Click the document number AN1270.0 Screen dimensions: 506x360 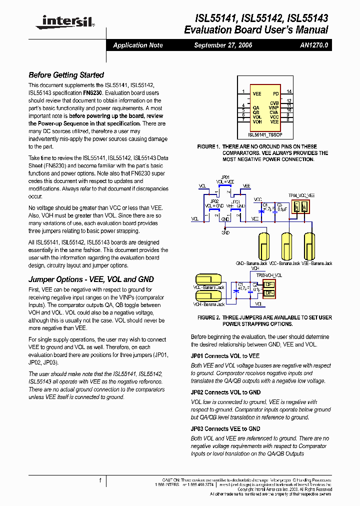tap(314, 45)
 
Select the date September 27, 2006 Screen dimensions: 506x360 tap(223, 45)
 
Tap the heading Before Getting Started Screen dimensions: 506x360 tap(66, 75)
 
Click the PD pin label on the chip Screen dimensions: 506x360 tap(275, 93)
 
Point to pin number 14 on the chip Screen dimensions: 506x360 tap(289, 92)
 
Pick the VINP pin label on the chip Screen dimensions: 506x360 tap(273, 107)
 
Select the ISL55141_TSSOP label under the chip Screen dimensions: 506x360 tap(264, 134)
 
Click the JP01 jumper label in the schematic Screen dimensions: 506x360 tap(225, 177)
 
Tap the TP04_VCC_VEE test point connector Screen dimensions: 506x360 tap(300, 206)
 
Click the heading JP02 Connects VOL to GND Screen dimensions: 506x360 tap(225, 392)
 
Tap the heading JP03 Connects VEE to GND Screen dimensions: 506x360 tap(225, 429)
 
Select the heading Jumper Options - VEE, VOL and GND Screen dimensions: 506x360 tap(91, 279)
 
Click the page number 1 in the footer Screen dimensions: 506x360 tap(100, 480)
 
